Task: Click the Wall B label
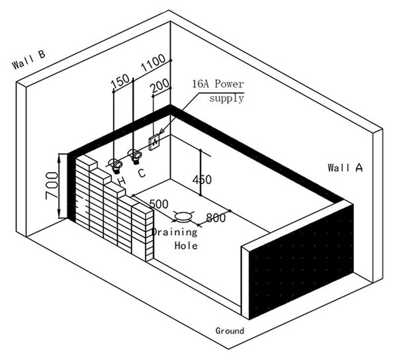[28, 60]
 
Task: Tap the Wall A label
[345, 167]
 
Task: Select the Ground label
[230, 331]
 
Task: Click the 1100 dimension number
[153, 63]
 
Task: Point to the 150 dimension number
[120, 82]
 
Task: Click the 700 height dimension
[52, 185]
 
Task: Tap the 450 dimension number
[202, 180]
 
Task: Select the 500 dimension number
[159, 204]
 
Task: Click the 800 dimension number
[216, 218]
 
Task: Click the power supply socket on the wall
[154, 142]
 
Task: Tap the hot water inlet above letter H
[115, 165]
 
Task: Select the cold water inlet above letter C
[135, 156]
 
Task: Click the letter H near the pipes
[122, 181]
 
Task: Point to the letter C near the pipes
[142, 173]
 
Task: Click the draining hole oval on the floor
[183, 216]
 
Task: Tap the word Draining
[175, 232]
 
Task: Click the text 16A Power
[218, 84]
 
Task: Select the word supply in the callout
[226, 98]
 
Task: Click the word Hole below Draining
[186, 246]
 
